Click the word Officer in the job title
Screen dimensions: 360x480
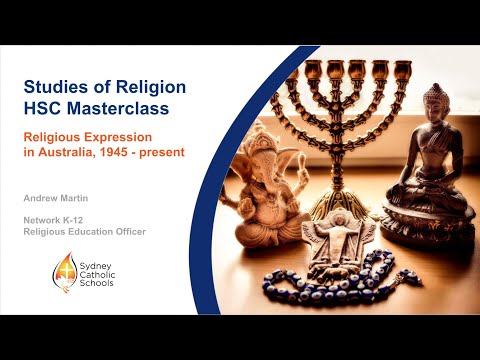point(124,232)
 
